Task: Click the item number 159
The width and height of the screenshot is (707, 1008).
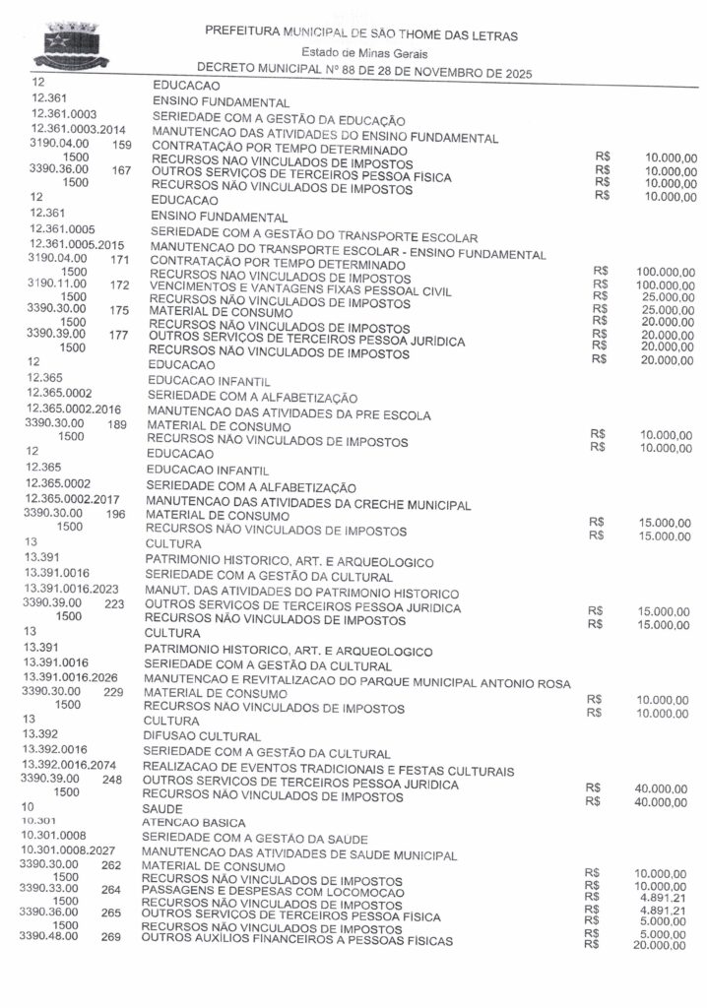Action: (x=122, y=145)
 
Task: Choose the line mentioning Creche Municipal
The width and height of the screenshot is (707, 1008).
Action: (x=309, y=504)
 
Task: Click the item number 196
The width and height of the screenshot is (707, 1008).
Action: (x=115, y=513)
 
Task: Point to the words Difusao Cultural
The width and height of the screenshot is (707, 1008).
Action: (x=203, y=735)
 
